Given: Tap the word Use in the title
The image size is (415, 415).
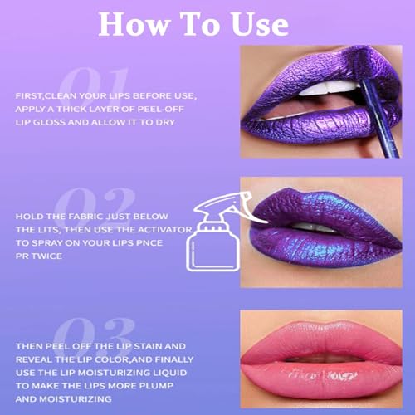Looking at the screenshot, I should (256, 24).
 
